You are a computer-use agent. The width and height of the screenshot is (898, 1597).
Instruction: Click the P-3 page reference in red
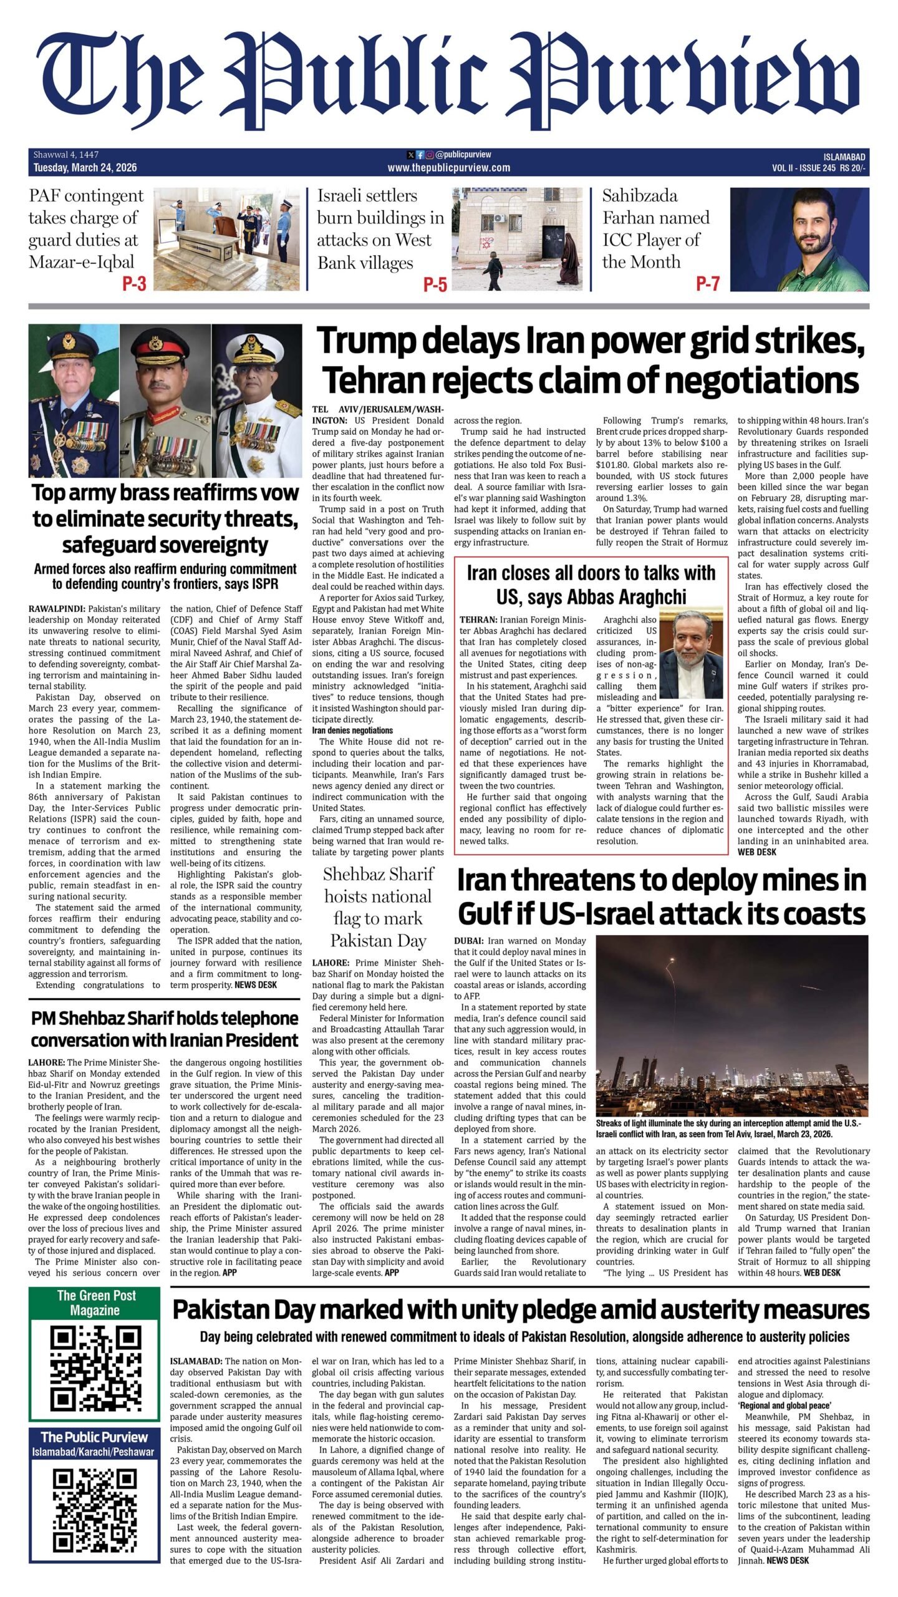pos(134,284)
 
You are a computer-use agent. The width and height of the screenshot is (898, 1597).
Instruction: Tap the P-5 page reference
pos(435,284)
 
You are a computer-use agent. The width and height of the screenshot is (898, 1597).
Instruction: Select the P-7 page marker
pos(708,284)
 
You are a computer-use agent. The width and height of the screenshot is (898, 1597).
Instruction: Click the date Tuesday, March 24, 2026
pos(85,167)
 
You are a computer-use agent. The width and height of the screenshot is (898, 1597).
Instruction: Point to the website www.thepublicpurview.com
pos(448,167)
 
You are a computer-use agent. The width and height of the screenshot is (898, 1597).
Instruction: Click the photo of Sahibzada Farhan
pos(799,240)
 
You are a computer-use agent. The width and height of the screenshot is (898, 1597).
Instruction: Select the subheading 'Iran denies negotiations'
pos(352,730)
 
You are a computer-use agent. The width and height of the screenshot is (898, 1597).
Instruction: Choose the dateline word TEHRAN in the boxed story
pos(478,619)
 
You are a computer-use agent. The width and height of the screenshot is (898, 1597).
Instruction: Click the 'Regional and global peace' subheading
pos(785,1405)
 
